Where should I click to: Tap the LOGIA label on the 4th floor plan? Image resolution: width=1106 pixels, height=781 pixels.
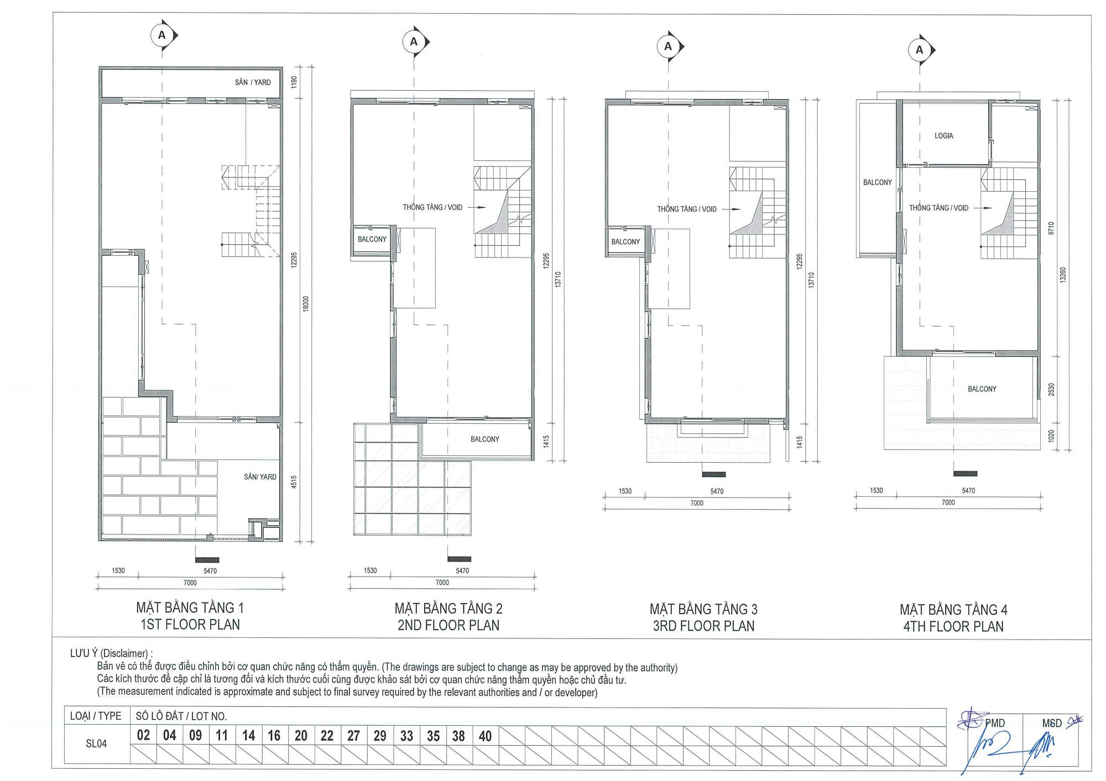tap(943, 135)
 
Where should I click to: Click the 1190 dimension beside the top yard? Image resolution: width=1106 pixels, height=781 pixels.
tap(294, 82)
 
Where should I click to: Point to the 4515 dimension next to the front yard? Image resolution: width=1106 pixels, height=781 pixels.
tap(294, 481)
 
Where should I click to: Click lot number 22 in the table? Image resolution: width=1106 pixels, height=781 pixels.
tap(327, 736)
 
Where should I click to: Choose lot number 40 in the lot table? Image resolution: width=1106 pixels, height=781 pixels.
tap(485, 736)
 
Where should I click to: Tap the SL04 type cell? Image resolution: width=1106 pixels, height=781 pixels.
tap(96, 743)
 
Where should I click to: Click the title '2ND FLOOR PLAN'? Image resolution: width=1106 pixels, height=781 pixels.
tap(448, 625)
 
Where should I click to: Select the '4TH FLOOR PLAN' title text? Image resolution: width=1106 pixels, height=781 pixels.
tap(953, 626)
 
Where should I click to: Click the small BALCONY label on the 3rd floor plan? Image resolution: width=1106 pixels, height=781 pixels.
tap(625, 242)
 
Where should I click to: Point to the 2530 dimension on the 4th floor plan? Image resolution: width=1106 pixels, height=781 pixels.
tap(1051, 389)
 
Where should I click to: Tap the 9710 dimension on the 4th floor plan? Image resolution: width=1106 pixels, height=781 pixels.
tap(1051, 228)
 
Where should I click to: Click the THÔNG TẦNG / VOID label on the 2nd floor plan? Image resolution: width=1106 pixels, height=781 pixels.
tap(432, 207)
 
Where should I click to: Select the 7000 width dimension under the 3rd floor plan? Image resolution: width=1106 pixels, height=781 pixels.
tap(696, 503)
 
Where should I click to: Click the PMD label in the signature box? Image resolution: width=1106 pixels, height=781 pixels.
tap(995, 723)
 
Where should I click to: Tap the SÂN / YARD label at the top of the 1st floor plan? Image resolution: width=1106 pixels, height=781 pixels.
tap(253, 82)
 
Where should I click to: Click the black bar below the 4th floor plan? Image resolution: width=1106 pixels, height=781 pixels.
tap(965, 474)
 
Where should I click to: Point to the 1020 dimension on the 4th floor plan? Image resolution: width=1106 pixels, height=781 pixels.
tap(1051, 436)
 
